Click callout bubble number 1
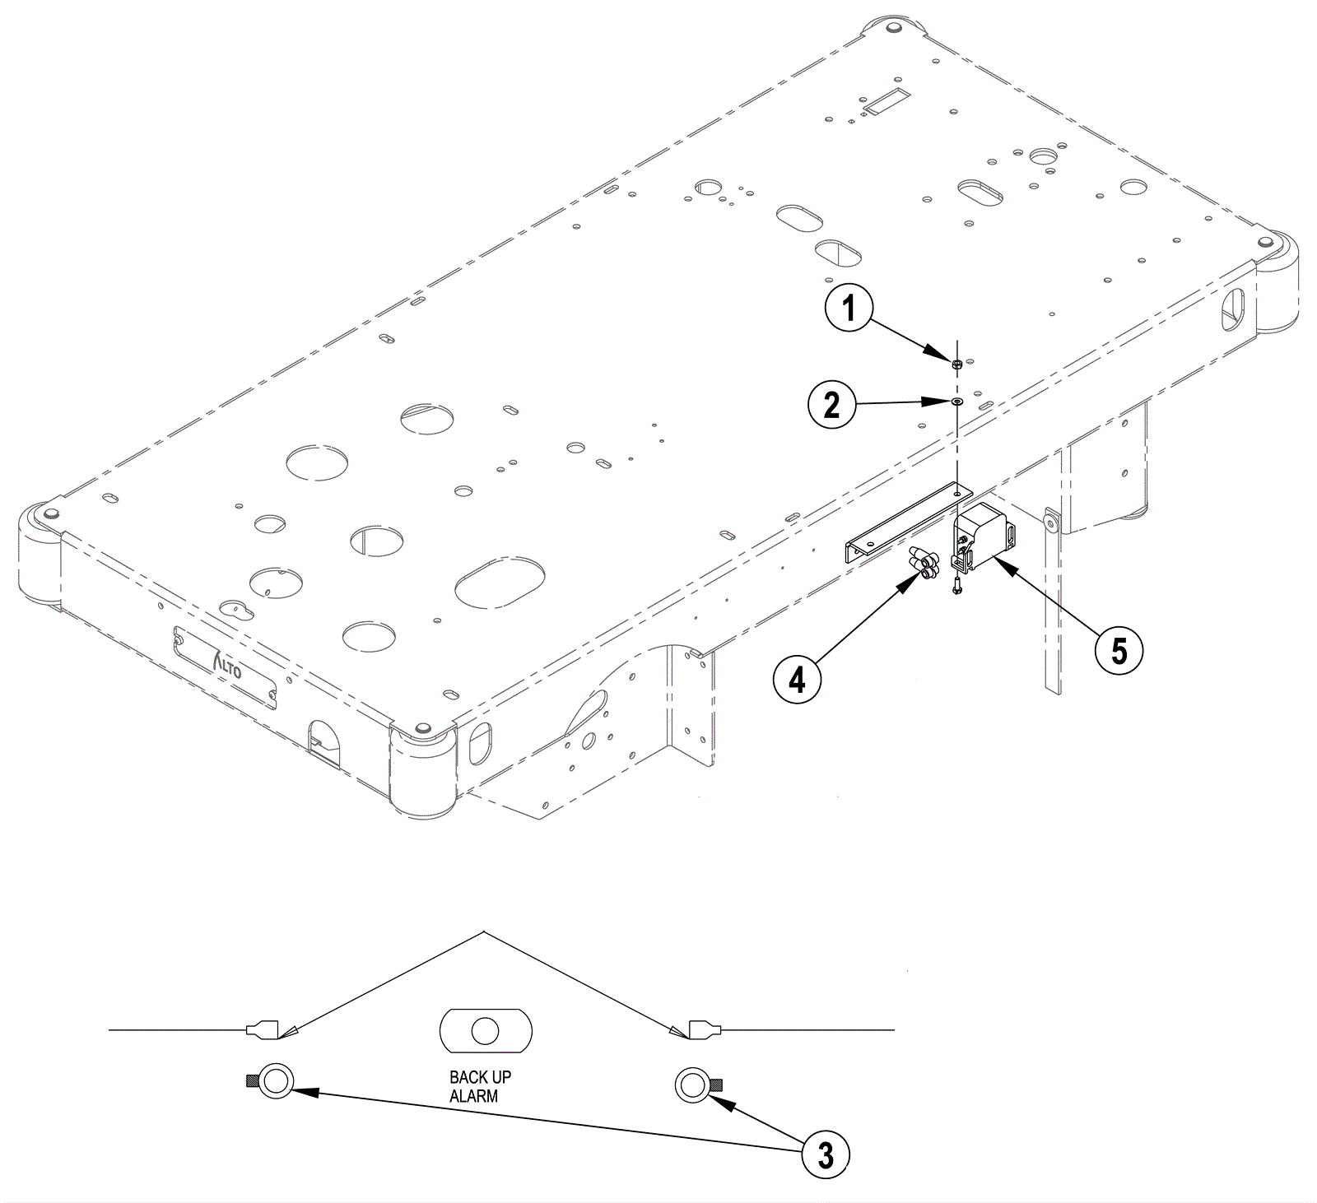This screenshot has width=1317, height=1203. [x=849, y=309]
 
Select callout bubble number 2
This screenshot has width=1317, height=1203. [x=832, y=405]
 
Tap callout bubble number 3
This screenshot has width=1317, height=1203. [x=826, y=1154]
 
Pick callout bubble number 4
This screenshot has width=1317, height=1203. [x=797, y=680]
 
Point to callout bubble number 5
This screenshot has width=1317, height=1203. [x=1119, y=651]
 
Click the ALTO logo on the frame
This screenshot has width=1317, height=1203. [x=226, y=665]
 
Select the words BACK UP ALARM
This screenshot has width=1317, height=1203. [x=480, y=1086]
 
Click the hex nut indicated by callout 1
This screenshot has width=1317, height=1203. [x=957, y=363]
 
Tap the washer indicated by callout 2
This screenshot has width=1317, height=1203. [x=958, y=402]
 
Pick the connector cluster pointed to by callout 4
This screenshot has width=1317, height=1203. [x=924, y=566]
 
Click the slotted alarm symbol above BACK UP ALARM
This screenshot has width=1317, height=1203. [x=486, y=1030]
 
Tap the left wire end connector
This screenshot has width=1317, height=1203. [x=269, y=1029]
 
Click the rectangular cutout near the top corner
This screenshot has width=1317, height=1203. [x=883, y=102]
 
